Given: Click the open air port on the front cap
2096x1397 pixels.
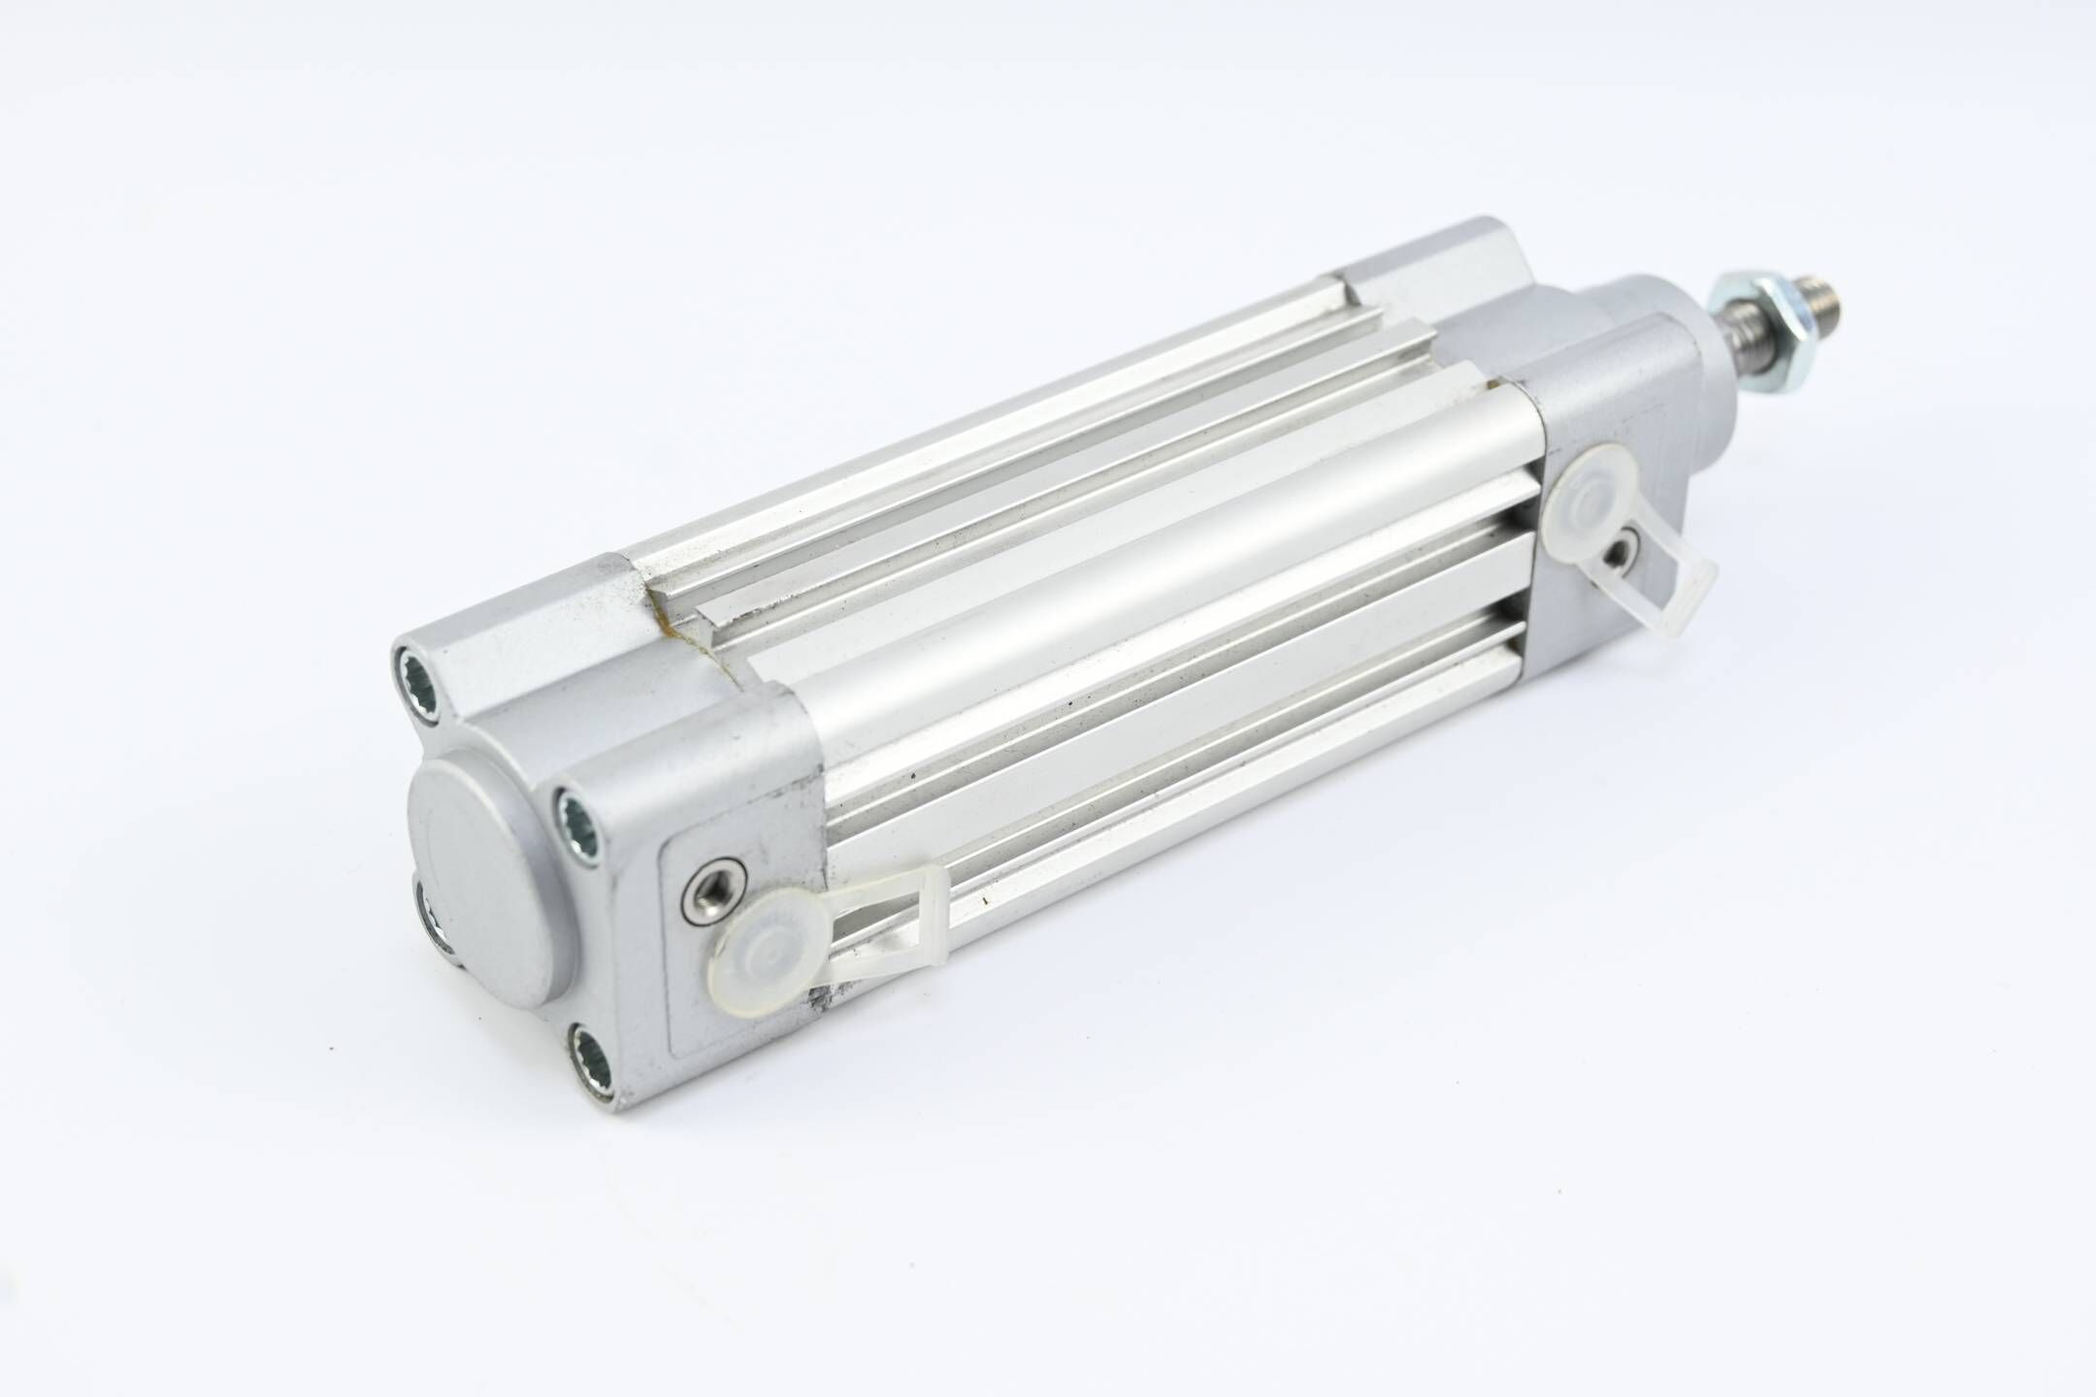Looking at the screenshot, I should (1621, 553).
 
